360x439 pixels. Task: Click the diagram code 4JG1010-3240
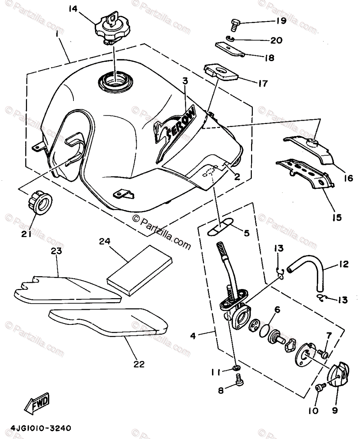coord(41,427)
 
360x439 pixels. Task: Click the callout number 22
coord(139,364)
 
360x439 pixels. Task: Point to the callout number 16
coord(348,178)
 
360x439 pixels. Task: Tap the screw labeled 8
coord(239,380)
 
